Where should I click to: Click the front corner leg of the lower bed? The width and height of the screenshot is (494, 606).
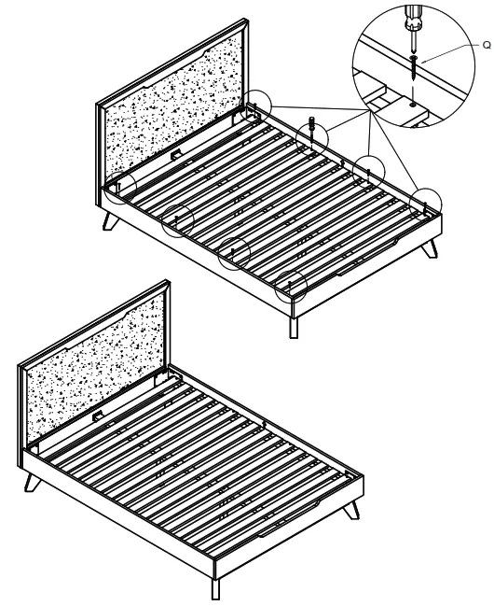(216, 585)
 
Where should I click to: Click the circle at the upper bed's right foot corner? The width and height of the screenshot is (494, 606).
(427, 201)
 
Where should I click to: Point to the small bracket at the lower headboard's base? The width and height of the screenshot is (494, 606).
(97, 416)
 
